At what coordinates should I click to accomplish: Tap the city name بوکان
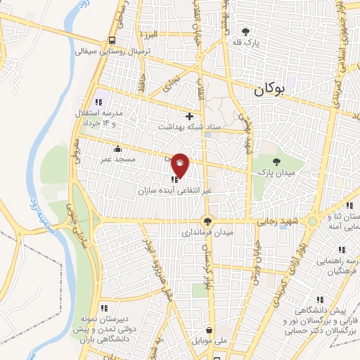click(272, 89)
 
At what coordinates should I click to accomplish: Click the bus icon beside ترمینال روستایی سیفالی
click(113, 40)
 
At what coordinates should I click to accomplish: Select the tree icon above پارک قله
click(245, 31)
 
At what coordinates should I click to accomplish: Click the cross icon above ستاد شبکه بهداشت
click(189, 116)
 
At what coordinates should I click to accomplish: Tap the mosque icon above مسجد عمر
click(116, 149)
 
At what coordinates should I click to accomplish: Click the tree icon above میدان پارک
click(275, 162)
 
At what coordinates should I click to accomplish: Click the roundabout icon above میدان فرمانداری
click(207, 221)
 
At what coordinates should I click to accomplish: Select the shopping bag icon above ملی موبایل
click(210, 330)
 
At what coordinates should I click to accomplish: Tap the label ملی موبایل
click(210, 340)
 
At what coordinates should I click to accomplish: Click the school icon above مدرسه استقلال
click(99, 103)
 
